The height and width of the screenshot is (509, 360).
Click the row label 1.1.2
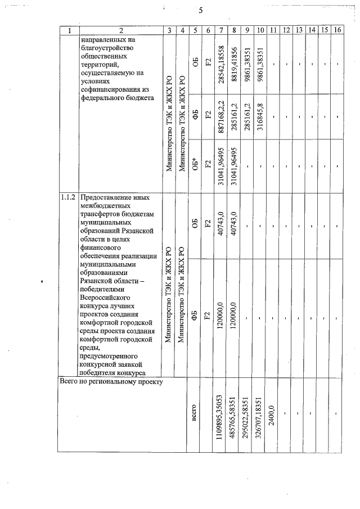pyautogui.click(x=69, y=199)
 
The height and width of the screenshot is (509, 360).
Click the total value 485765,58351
pyautogui.click(x=234, y=415)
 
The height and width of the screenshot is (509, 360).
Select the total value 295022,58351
pyautogui.click(x=246, y=415)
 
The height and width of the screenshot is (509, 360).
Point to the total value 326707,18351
pyautogui.click(x=259, y=415)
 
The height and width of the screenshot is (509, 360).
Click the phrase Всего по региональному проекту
pyautogui.click(x=111, y=382)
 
